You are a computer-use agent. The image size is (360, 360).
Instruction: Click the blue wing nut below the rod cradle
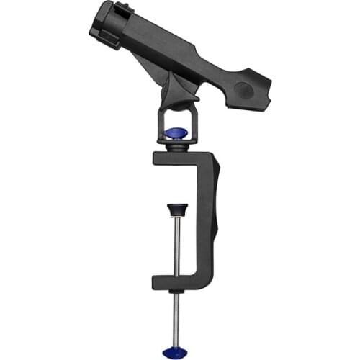pyautogui.click(x=176, y=133)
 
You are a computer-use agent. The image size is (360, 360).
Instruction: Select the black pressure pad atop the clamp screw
pyautogui.click(x=174, y=210)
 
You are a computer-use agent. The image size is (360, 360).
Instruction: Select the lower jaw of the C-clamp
pyautogui.click(x=180, y=282)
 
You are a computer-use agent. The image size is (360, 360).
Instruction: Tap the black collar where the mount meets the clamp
pyautogui.click(x=176, y=146)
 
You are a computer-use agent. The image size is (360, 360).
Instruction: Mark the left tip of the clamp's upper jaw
pyautogui.click(x=158, y=159)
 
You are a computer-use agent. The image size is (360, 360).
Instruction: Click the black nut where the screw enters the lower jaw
pyautogui.click(x=174, y=292)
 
